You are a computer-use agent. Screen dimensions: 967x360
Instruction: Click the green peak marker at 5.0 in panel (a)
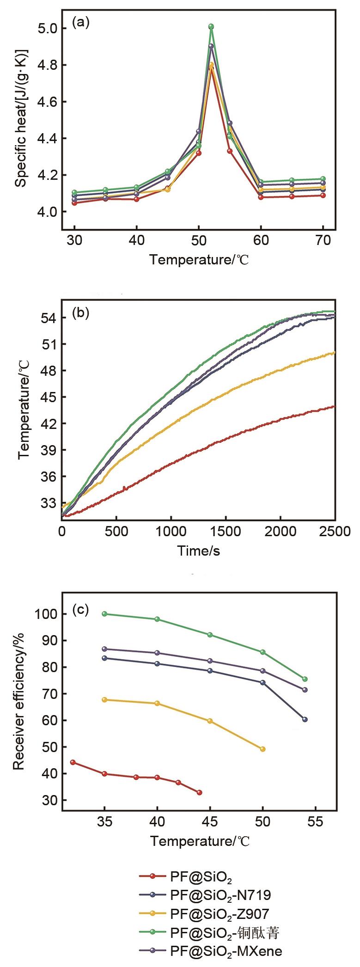pos(211,27)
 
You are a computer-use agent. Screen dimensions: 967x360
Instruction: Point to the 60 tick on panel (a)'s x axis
pos(261,241)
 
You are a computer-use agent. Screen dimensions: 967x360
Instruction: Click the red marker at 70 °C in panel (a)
pos(323,196)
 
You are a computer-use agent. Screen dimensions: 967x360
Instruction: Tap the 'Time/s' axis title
pos(199,551)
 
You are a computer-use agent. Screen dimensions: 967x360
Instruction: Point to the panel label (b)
pos(81,313)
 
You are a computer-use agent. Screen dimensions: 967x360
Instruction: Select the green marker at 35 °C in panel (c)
pos(104,614)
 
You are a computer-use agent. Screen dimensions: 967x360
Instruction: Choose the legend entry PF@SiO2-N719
pos(220,895)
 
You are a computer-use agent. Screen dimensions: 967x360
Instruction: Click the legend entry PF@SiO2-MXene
pos(226,938)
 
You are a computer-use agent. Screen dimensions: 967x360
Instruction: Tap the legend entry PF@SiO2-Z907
pos(219,909)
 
